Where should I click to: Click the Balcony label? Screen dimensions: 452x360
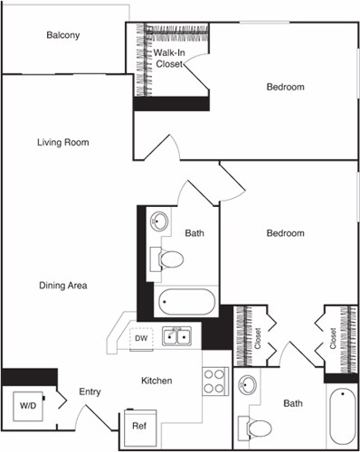63,36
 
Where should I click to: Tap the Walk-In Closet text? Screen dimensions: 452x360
170,59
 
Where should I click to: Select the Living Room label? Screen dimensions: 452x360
63,143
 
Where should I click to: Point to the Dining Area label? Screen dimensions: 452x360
63,286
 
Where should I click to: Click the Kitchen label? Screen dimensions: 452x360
156,381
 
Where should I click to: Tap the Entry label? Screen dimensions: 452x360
90,391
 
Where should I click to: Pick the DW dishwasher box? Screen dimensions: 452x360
140,338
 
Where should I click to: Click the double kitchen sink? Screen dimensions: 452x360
176,337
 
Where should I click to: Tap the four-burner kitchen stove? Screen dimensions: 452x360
214,381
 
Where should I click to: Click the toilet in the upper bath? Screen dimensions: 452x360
169,259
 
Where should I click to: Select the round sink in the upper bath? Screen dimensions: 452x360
160,221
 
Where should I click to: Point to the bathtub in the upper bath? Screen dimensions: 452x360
186,301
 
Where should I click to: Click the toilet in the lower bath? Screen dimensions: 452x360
258,428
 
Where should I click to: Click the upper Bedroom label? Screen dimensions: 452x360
285,88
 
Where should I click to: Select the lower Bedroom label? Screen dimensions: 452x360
285,233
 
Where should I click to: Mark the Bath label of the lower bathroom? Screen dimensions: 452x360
292,403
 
